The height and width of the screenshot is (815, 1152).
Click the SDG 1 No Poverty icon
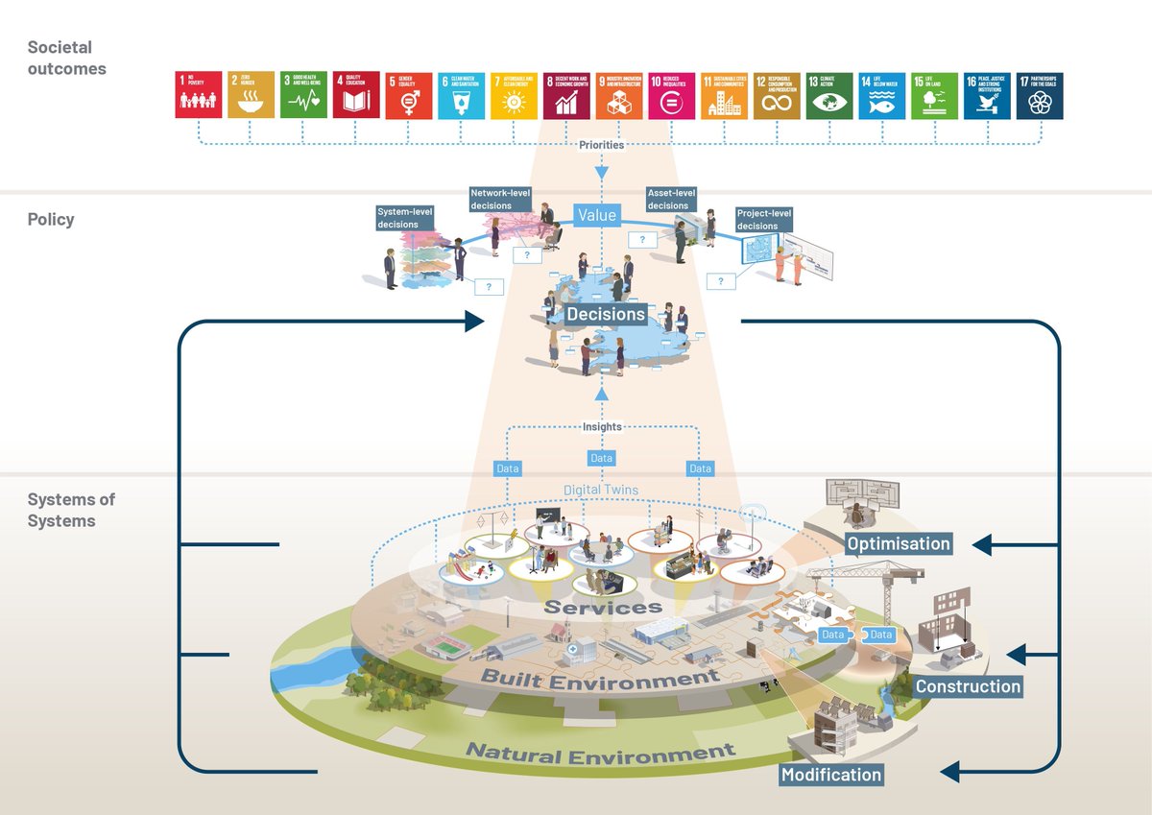pos(199,95)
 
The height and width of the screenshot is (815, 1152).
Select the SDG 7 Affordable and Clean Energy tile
pos(514,95)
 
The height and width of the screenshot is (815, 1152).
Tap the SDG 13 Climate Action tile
pos(829,95)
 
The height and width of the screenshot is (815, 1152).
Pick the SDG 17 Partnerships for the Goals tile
pos(1040,95)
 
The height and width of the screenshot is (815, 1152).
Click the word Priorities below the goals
pos(602,145)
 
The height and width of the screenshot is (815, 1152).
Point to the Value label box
pos(596,216)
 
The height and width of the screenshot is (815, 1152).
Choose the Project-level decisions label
pos(763,219)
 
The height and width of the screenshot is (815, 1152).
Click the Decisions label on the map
pos(606,314)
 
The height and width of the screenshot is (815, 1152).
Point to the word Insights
pos(601,426)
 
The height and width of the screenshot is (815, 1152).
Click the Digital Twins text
pos(601,490)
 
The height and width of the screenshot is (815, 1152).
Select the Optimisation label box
pos(899,544)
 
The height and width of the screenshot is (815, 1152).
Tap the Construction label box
pos(968,686)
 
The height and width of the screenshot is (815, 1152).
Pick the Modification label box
pos(831,775)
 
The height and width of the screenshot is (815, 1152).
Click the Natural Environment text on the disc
pos(600,754)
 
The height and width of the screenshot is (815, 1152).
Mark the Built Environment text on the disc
pos(600,678)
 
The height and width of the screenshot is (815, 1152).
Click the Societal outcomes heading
pos(66,58)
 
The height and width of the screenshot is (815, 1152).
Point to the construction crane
pos(883,586)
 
